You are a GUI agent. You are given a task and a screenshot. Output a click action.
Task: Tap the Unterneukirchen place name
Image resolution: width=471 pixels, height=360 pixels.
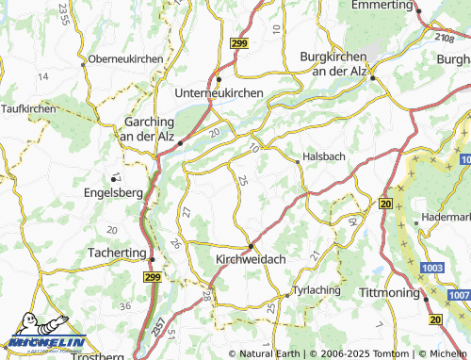219,93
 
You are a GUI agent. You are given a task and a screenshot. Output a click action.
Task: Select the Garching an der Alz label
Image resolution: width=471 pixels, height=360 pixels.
150,129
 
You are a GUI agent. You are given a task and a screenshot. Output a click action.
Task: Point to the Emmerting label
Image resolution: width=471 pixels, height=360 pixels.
382,6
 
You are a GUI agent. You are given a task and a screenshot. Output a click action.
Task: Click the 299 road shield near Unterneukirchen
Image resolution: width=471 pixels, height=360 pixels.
238,43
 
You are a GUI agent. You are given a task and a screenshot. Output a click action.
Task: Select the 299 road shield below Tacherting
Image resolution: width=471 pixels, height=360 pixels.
154,278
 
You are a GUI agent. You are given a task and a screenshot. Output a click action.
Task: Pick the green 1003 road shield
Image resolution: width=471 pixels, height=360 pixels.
432,269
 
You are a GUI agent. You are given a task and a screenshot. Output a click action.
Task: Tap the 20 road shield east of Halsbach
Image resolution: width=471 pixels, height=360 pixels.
385,203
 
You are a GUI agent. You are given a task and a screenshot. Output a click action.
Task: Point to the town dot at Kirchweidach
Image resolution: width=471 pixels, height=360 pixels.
251,246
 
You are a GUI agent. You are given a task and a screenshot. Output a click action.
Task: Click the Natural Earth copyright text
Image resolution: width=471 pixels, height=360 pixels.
268,353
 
